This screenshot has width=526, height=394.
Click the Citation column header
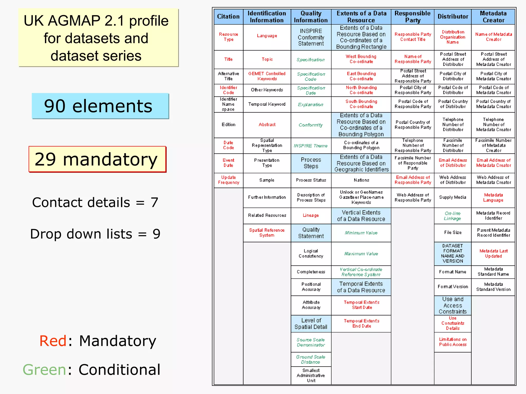pos(228,17)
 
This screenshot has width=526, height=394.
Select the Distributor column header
pos(453,17)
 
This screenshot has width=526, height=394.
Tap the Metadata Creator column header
pos(493,17)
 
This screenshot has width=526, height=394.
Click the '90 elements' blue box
pos(100,106)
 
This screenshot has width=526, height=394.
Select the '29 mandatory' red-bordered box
pos(97,159)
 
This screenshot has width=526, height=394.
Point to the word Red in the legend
pos(53,341)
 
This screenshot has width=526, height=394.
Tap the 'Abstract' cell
pos(267,125)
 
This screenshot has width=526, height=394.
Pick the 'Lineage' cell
pos(311,215)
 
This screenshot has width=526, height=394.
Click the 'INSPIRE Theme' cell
pos(311,146)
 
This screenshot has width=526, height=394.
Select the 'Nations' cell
pos(361,180)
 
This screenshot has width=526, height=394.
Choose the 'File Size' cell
pos(453,232)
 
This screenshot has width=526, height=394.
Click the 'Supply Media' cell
pos(453,197)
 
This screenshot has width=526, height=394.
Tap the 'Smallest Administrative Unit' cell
pos(311,375)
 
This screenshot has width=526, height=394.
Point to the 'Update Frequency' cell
pos(228,180)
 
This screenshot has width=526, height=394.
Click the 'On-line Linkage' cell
pos(453,216)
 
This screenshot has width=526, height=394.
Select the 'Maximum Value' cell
pos(361,254)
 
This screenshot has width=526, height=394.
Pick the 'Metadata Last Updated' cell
pos(493,253)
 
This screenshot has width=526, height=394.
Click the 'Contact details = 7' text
pos(95,202)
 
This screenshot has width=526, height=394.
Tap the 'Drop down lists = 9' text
pos(95,234)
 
